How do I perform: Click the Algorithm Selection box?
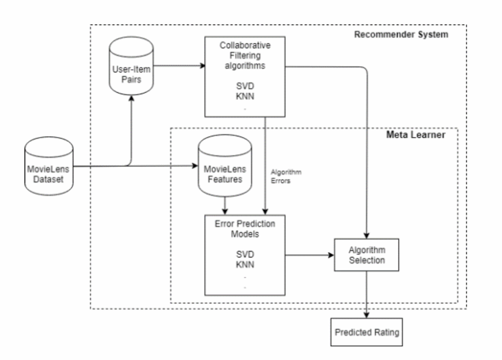coord(366,255)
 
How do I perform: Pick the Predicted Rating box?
coord(367,333)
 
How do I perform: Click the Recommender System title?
coord(401,34)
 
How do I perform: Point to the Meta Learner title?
coord(416,135)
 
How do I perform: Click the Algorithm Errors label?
coord(286,177)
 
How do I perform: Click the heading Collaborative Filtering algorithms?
coord(245,56)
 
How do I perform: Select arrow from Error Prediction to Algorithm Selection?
coord(309,255)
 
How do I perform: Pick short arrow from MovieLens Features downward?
coord(225,206)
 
